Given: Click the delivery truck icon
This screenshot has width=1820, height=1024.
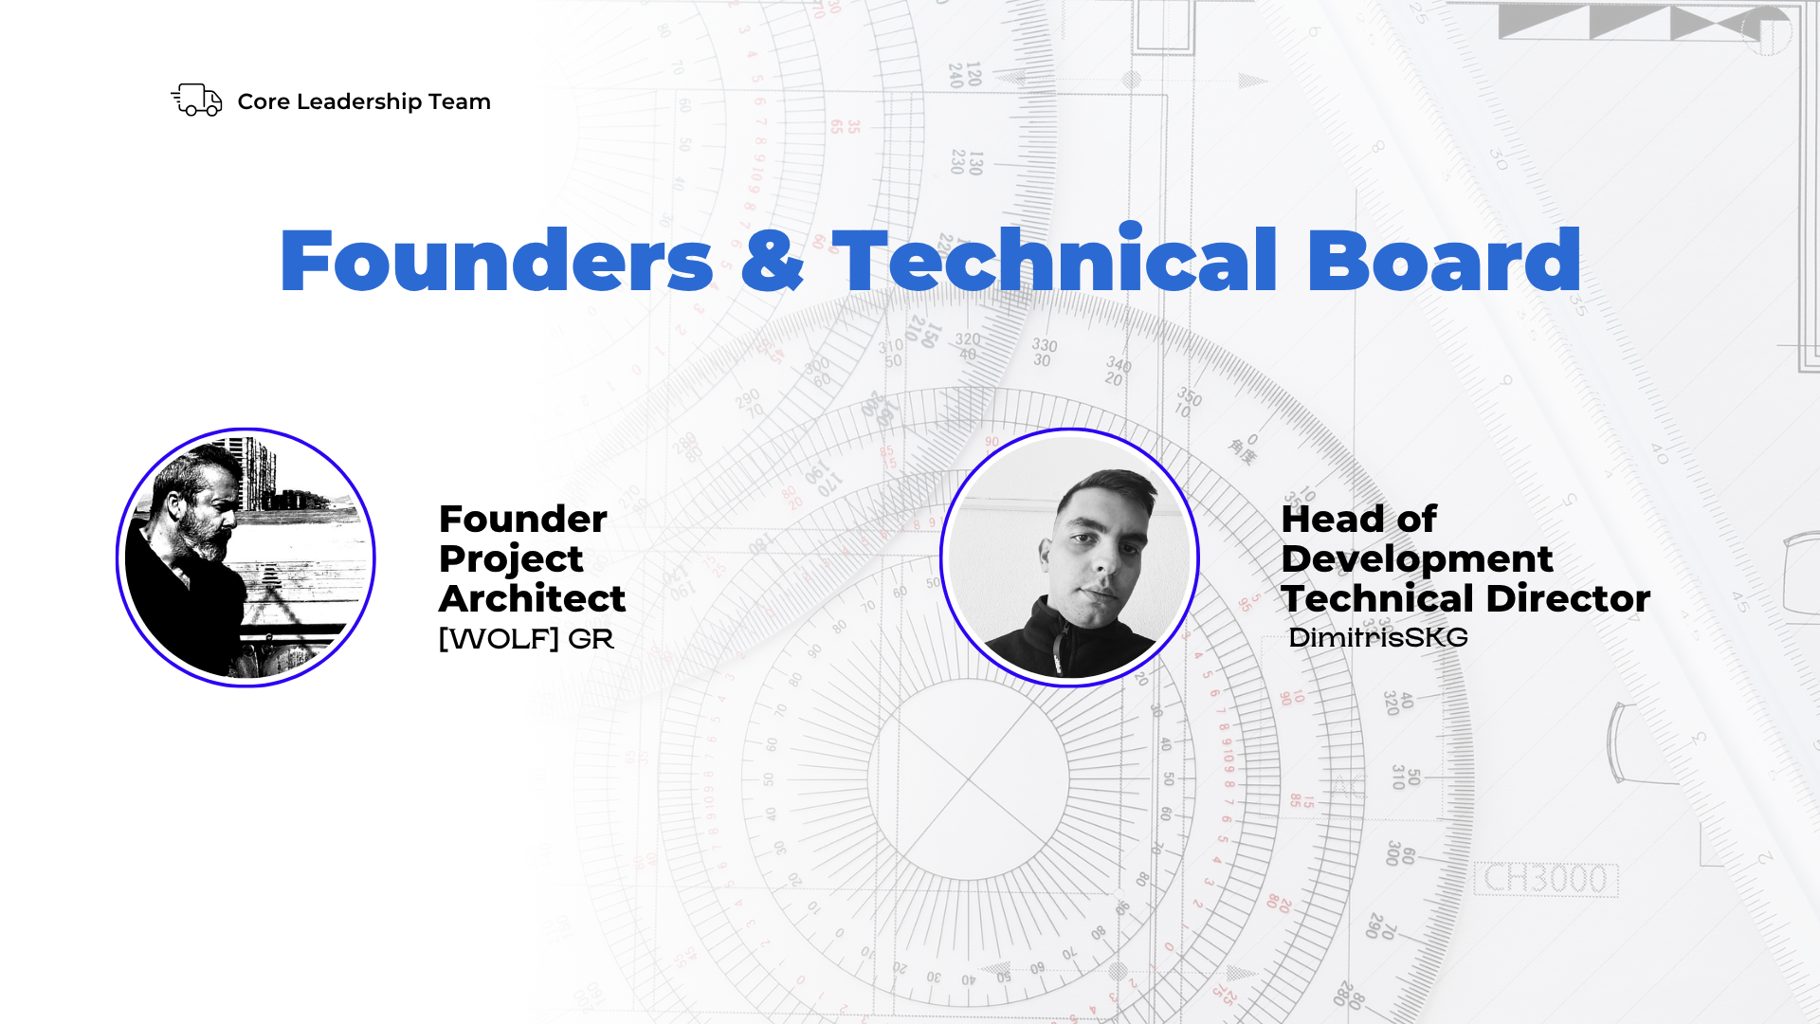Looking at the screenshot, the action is coord(196,100).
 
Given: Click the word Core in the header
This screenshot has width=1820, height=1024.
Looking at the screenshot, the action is coord(264,101).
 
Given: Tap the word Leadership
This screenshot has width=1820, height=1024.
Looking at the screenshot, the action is coord(359,102).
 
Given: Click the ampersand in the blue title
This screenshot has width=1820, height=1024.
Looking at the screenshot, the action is coord(773,260).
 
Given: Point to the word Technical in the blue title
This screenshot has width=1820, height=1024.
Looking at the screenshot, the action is coord(1055,258).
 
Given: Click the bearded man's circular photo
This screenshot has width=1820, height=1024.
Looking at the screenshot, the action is coord(246,558).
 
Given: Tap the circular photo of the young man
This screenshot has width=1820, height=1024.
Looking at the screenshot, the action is coord(1070,558).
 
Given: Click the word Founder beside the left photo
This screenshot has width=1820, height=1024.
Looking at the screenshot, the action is coord(523,520).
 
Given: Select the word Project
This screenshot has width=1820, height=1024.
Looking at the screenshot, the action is coord(511,560).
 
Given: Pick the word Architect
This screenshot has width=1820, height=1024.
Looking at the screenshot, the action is coord(533,599).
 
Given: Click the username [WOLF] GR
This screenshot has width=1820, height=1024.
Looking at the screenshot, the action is coord(527,639).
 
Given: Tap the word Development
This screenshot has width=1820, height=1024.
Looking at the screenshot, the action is coord(1417,560).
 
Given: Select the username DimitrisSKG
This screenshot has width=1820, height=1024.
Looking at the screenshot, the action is coord(1378,638).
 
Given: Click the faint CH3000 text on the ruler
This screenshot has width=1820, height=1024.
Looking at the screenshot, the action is coord(1546,879).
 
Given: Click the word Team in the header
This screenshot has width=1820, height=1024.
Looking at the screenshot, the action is coord(460,102).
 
